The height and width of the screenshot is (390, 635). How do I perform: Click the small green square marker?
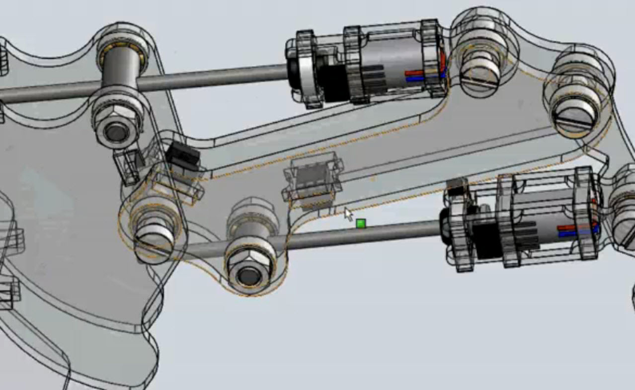[361, 224]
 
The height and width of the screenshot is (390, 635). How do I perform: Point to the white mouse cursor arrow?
[348, 214]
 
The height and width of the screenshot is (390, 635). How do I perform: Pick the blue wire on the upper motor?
[415, 78]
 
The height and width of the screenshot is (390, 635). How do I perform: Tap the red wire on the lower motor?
[567, 228]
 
